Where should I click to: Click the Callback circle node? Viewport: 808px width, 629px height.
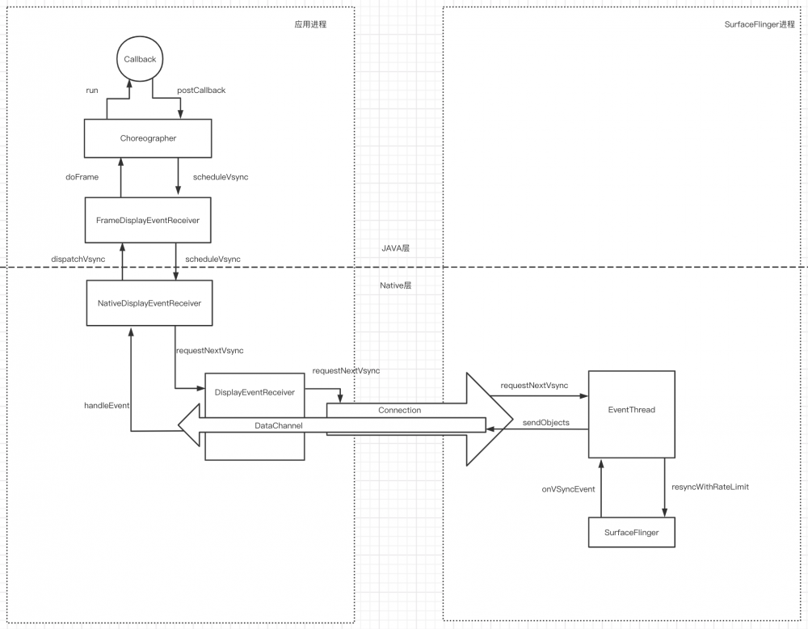click(x=140, y=61)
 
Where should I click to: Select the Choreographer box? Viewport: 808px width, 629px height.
click(x=147, y=138)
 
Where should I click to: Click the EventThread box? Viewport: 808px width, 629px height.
click(x=631, y=411)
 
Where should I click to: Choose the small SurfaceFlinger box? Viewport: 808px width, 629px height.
click(x=631, y=534)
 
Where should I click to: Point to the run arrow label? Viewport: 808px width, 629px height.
click(x=92, y=91)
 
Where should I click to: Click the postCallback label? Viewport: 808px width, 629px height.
click(x=201, y=91)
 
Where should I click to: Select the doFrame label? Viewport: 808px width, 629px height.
click(x=82, y=177)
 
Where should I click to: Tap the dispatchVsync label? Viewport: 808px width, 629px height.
click(x=78, y=259)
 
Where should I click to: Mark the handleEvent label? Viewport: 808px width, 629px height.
click(x=107, y=404)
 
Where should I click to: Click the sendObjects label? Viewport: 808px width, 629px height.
click(x=546, y=423)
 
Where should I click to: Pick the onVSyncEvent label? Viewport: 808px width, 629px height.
click(x=568, y=489)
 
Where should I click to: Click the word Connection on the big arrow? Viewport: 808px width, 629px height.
click(x=399, y=410)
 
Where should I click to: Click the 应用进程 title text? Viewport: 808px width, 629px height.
click(x=310, y=25)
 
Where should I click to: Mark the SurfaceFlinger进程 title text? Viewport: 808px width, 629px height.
click(x=760, y=25)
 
